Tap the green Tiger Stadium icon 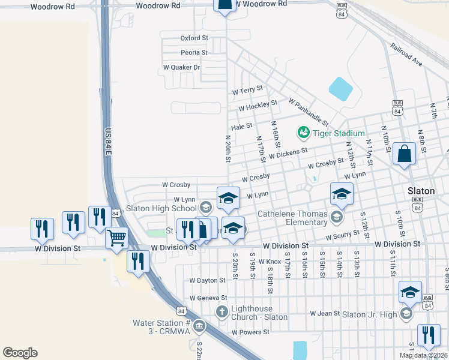(x=303, y=132)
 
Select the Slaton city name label (x=421, y=191)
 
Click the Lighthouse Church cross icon (x=221, y=311)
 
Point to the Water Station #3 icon (x=199, y=327)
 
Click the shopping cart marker (x=117, y=238)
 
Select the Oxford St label (x=194, y=38)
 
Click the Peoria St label (x=194, y=53)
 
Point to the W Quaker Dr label (x=181, y=67)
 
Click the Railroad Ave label (x=406, y=54)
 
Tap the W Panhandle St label (x=309, y=111)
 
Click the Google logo (x=20, y=353)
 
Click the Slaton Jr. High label (x=370, y=314)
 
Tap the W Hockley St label (x=258, y=106)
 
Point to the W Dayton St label (x=207, y=280)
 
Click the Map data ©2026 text (x=423, y=355)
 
